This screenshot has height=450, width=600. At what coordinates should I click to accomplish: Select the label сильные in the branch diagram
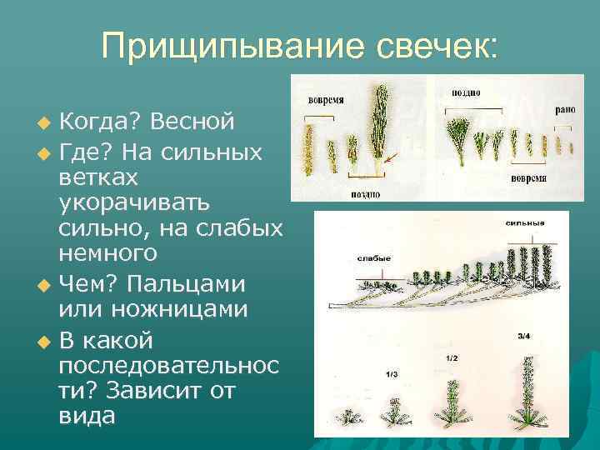(524, 223)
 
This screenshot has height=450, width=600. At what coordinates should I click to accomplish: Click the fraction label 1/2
(452, 357)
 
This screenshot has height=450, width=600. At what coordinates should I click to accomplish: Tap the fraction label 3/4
(523, 336)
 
